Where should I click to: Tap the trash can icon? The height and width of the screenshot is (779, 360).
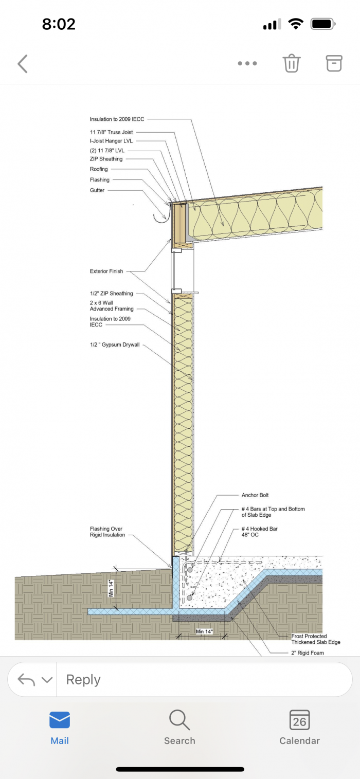[291, 63]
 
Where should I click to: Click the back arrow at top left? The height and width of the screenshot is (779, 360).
[23, 64]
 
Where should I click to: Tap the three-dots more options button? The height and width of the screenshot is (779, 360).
[247, 64]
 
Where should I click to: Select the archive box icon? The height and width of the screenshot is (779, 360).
[334, 63]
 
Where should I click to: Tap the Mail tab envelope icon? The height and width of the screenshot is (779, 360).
[60, 720]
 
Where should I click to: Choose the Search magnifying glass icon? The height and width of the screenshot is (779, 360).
[179, 720]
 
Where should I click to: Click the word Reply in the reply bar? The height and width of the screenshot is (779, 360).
[83, 680]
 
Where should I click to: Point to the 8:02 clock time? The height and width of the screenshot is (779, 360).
[59, 24]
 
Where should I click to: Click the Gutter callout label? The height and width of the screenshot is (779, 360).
[97, 190]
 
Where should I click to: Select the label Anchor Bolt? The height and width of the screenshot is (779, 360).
[255, 495]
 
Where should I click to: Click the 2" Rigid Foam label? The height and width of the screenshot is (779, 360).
[308, 653]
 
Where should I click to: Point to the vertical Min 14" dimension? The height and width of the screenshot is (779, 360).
[111, 588]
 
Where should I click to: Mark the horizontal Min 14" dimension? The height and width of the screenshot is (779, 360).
[204, 631]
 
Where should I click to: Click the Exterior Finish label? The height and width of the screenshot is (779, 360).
[106, 271]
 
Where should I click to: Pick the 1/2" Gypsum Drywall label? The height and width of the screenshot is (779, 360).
[114, 345]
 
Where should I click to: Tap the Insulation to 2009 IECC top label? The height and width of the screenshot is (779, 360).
[117, 119]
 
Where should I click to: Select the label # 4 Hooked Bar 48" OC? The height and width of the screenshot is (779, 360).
[259, 532]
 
